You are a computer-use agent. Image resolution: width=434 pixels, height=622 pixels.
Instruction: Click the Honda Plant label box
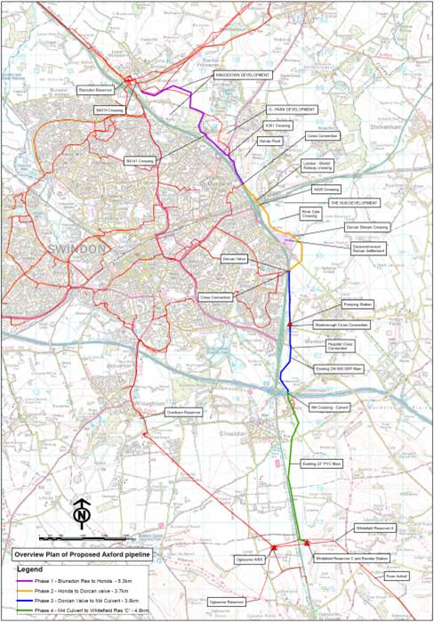tap(269, 141)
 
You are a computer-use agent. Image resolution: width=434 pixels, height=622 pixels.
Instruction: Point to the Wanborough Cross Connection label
tap(345, 325)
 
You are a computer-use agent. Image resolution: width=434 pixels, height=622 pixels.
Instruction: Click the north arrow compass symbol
tap(81, 513)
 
